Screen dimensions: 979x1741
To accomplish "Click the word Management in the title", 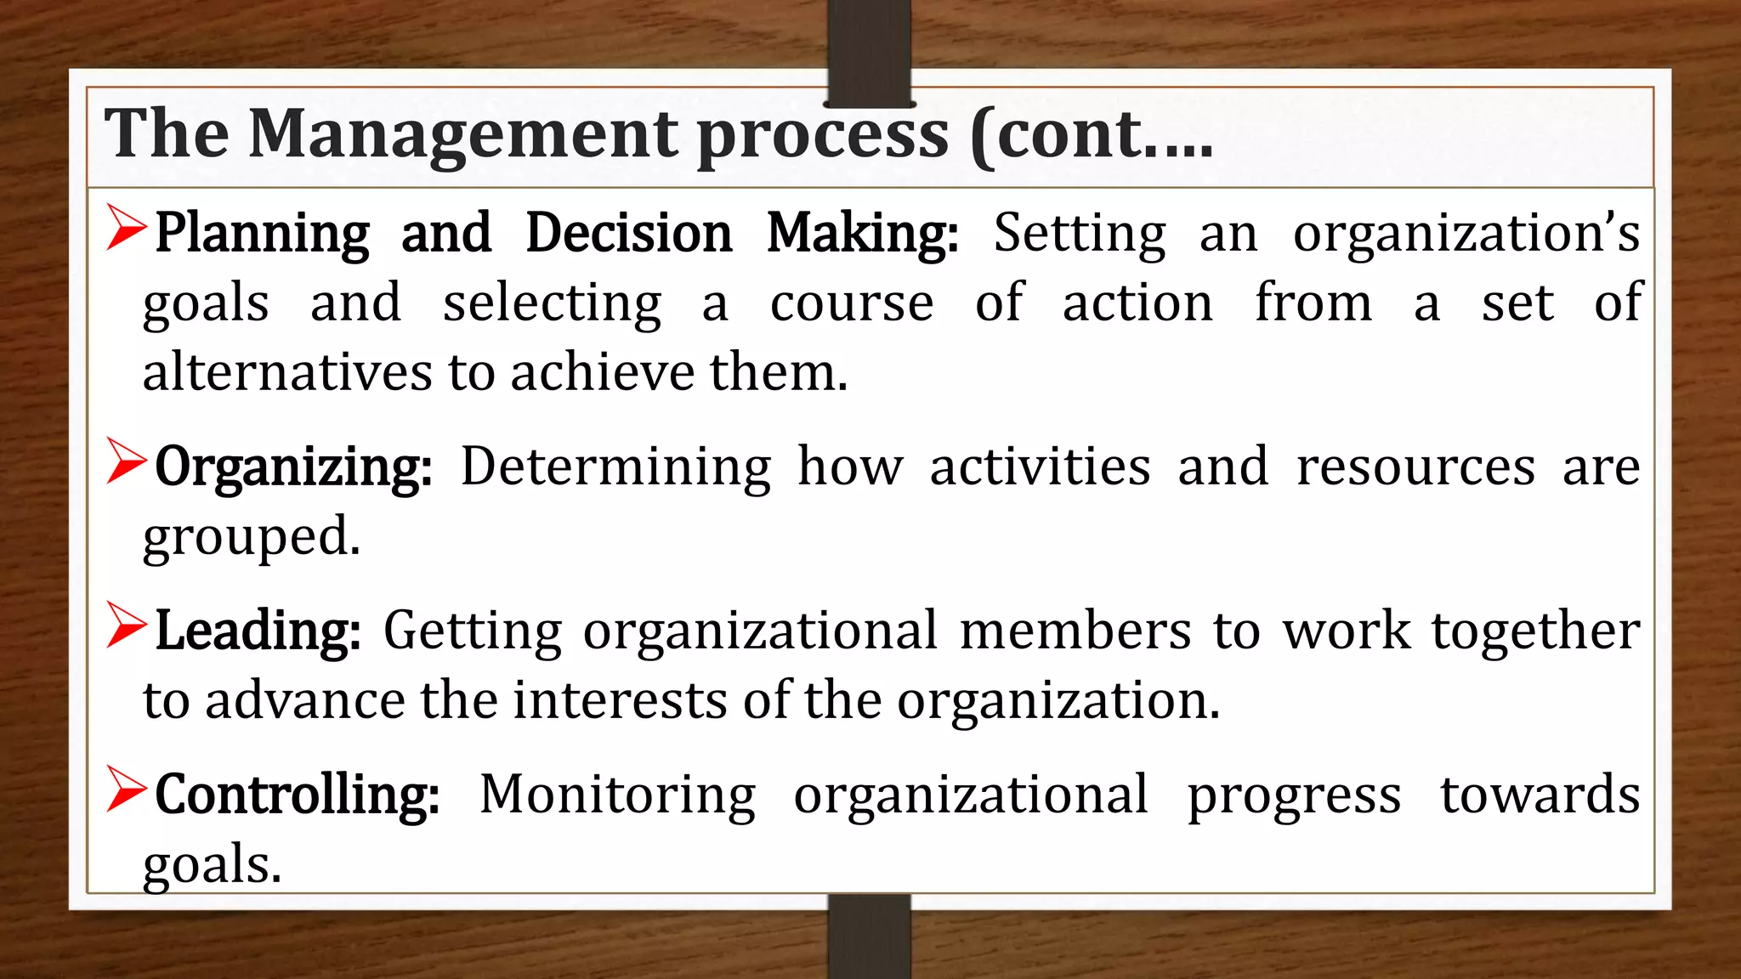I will coord(462,134).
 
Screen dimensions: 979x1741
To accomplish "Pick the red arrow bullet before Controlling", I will coord(127,789).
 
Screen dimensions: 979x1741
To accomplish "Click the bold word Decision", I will coord(628,233).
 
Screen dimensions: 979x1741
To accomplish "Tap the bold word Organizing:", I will coord(293,468).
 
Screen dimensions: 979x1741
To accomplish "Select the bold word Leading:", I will coord(258,631).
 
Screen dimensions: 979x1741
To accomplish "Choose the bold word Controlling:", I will coord(297,795).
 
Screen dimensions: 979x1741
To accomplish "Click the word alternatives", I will coord(287,372).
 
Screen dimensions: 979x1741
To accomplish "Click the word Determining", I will coord(615,468).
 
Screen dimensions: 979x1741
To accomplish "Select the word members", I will coord(1075,631).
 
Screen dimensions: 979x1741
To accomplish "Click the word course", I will coord(852,304).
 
